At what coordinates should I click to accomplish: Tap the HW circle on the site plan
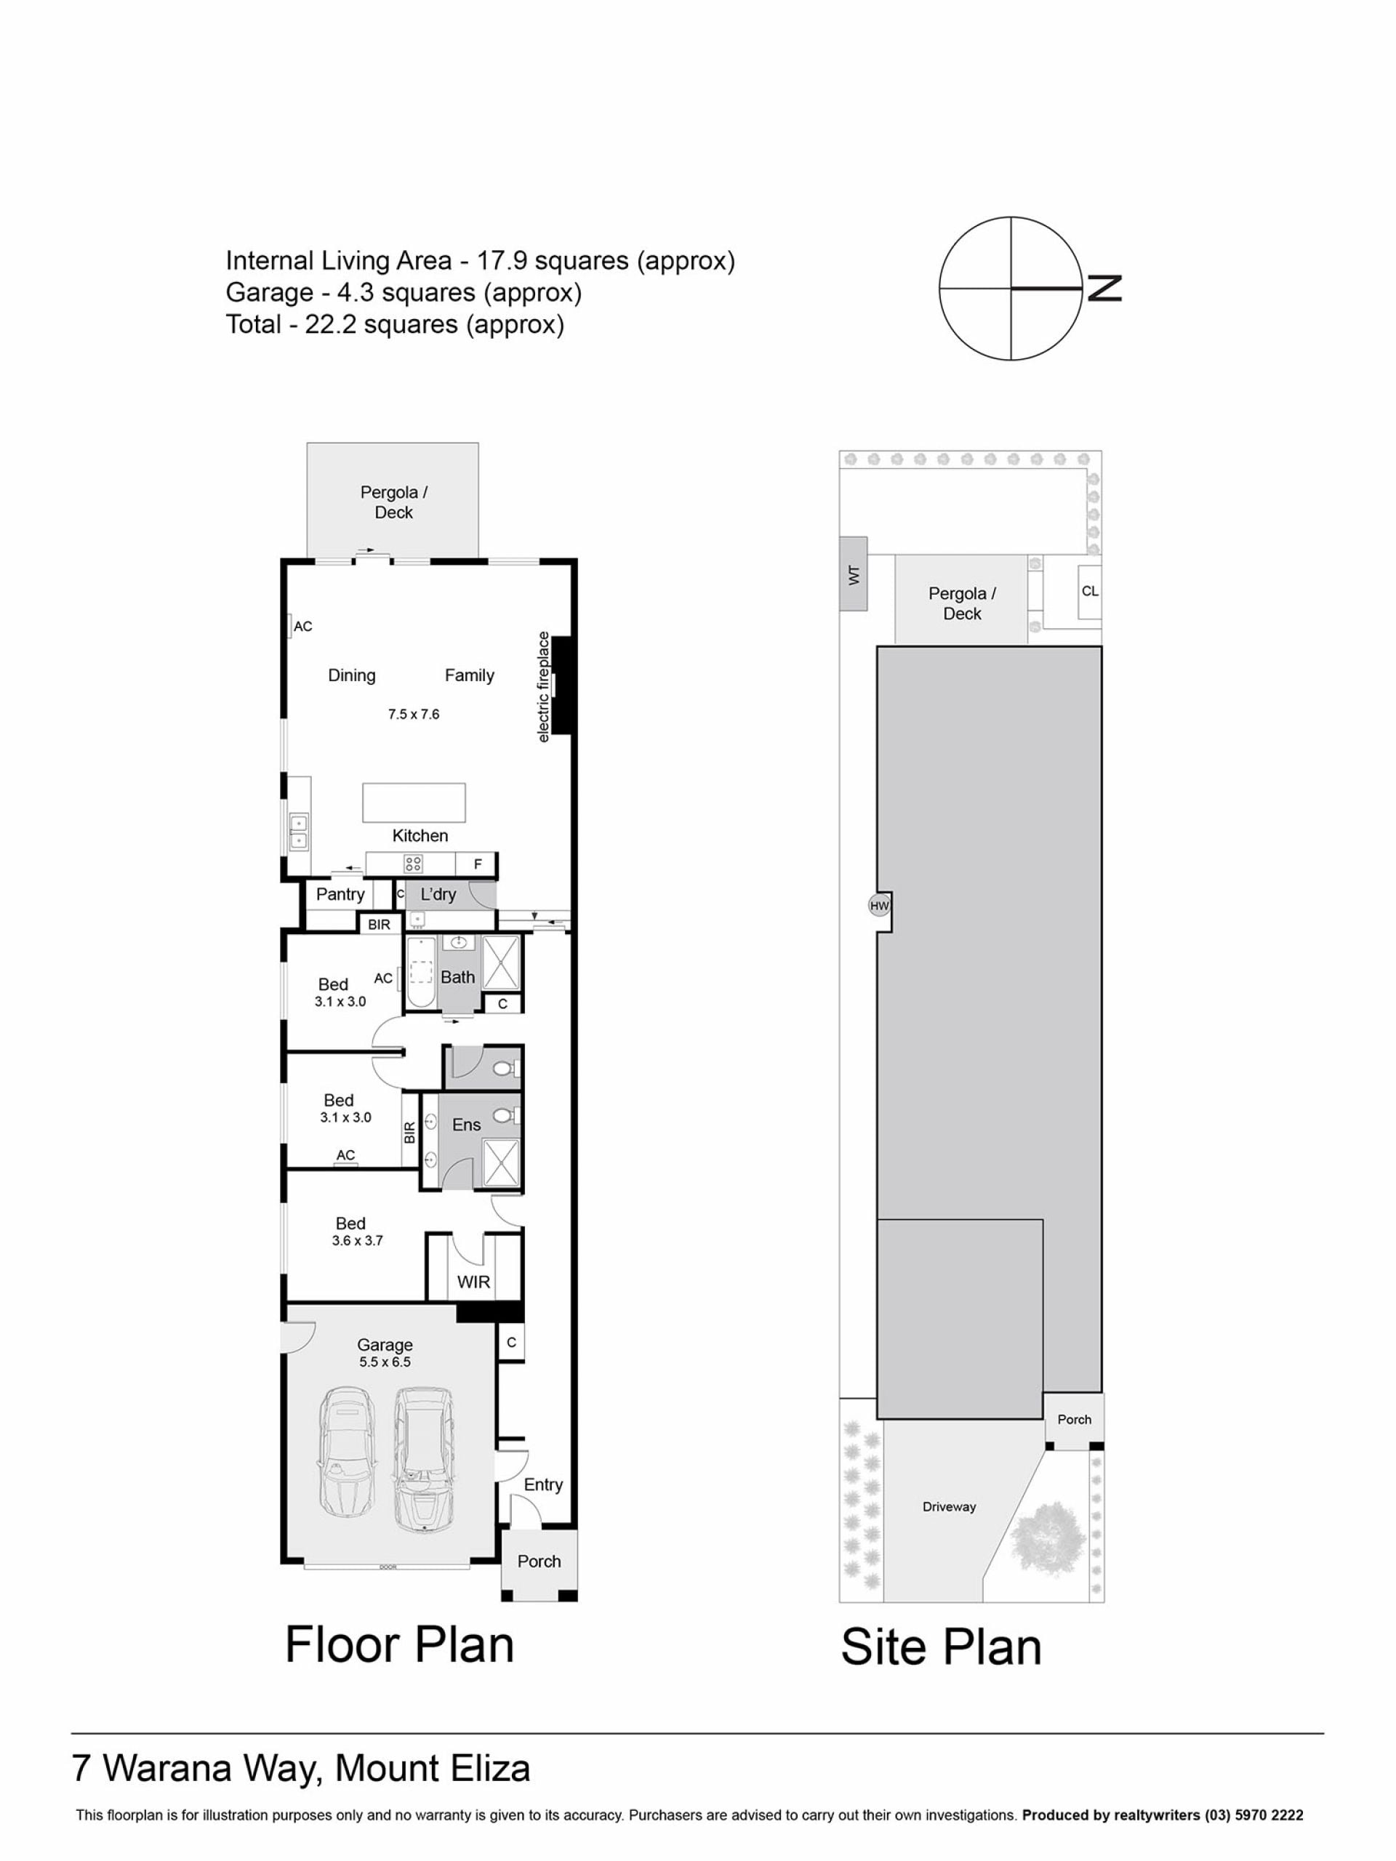point(878,906)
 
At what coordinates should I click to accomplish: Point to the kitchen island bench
point(413,802)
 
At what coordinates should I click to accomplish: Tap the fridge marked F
point(476,864)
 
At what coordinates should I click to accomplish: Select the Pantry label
point(340,893)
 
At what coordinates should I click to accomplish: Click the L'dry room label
point(438,893)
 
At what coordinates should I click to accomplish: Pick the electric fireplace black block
point(563,685)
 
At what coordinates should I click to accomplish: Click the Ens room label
point(466,1125)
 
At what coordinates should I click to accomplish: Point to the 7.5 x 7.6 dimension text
point(413,715)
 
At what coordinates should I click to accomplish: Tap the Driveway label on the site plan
point(948,1507)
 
